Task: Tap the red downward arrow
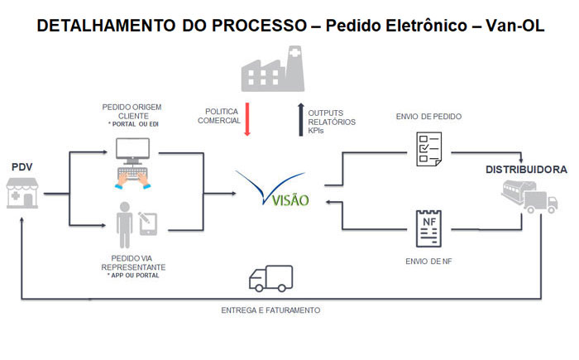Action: coord(247,119)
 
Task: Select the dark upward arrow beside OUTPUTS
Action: coord(300,119)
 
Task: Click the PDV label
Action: coord(22,167)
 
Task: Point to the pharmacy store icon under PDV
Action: coord(22,193)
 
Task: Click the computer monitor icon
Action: coord(133,151)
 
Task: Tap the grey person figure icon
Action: coord(124,225)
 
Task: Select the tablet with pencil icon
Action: coord(148,223)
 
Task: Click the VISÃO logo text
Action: coord(290,200)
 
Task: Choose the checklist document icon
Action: coord(429,149)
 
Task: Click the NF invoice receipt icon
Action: coord(428,228)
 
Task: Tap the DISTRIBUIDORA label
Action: coord(526,170)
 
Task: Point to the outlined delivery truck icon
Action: coord(271,278)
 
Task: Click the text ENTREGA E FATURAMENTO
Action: coord(270,310)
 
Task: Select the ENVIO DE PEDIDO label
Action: coord(428,117)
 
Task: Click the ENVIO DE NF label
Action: coord(428,262)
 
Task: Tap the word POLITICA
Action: coord(222,112)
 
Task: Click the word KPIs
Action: coord(316,131)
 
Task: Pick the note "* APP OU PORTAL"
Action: coord(133,276)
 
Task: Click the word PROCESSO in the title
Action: coord(259,26)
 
